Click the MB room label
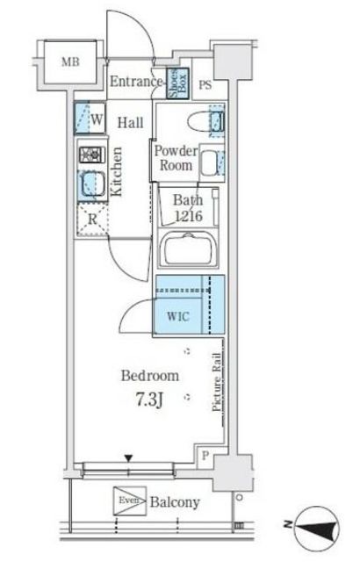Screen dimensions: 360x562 point(70,62)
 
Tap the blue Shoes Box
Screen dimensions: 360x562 point(177,83)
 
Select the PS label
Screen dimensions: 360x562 point(205,85)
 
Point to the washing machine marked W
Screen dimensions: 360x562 point(90,119)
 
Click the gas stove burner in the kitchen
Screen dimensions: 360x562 point(92,155)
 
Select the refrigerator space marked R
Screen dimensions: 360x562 point(92,220)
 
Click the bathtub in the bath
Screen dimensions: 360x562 point(189,249)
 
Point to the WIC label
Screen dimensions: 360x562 point(178,316)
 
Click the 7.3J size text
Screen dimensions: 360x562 point(149,400)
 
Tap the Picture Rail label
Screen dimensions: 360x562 point(216,382)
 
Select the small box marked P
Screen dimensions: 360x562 point(205,456)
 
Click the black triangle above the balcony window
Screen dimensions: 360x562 point(128,458)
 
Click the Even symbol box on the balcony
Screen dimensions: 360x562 point(130,501)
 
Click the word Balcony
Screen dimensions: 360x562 point(175,502)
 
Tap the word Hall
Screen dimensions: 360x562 point(131,123)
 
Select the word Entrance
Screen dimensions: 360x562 point(136,82)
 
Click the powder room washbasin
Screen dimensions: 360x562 point(212,162)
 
